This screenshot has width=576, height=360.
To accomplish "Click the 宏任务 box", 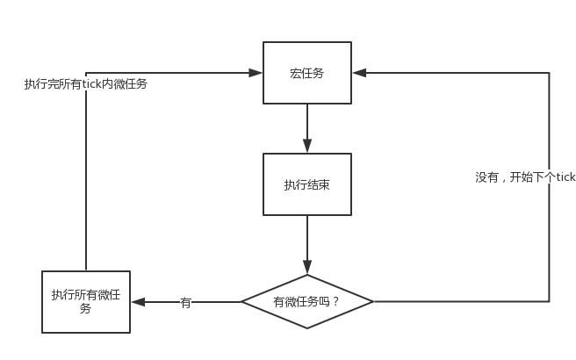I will point(307,73).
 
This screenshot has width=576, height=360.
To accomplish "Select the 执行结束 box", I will point(307,184).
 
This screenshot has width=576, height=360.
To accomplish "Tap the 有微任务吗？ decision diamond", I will point(307,301).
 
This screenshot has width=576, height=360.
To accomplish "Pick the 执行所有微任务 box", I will point(86,301).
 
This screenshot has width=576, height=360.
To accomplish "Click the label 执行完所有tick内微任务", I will point(85,84).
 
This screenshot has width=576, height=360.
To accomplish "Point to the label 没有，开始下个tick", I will point(525,176).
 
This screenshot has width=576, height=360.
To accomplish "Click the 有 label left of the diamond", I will point(185,302).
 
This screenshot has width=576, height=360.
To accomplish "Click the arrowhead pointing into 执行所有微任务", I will point(137,301).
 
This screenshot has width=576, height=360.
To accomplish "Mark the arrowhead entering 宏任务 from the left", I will point(256,73).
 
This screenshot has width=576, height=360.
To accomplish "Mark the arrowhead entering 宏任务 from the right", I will point(358,73).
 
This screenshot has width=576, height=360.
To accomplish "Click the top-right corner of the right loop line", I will point(550,73).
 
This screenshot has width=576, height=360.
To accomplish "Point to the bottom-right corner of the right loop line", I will point(550,301).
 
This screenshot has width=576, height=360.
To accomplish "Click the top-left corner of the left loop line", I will point(86,73).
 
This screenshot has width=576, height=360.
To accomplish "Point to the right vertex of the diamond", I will point(373,301).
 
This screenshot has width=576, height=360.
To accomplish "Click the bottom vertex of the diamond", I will point(307,328).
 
